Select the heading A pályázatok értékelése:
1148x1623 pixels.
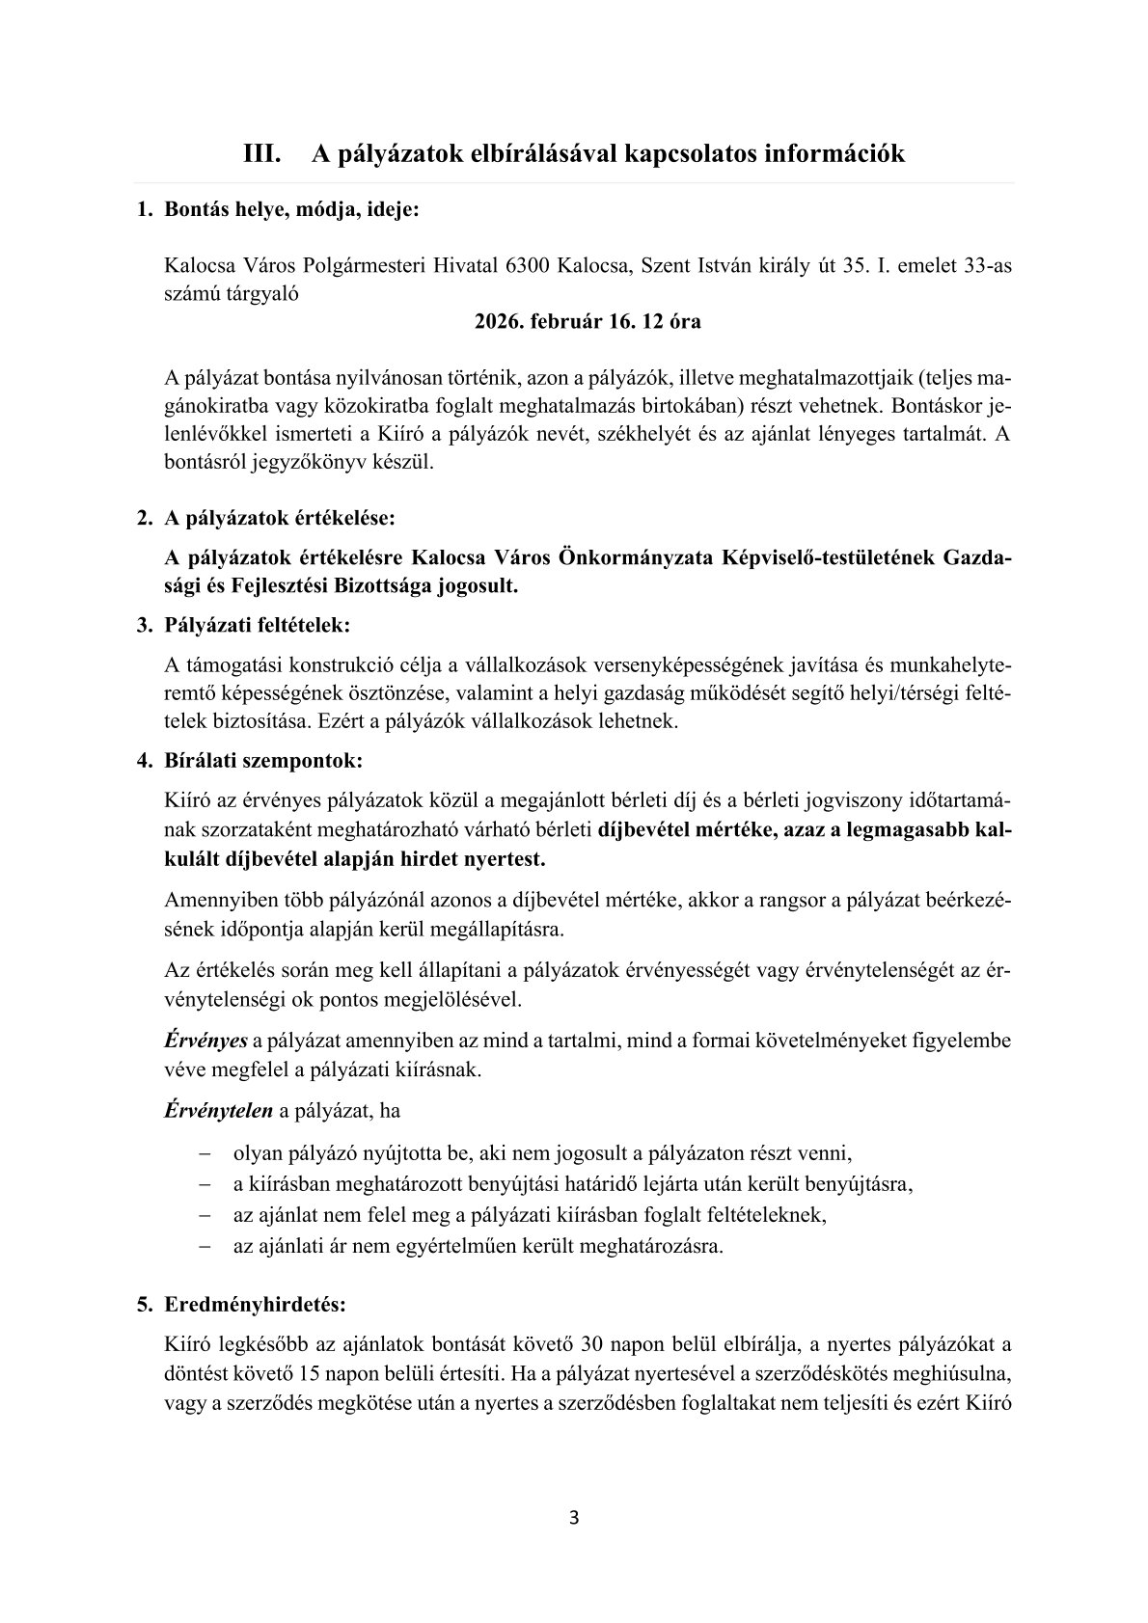pyautogui.click(x=280, y=518)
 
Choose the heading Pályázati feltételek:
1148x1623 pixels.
pyautogui.click(x=258, y=625)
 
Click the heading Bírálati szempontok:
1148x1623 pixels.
pyautogui.click(x=263, y=760)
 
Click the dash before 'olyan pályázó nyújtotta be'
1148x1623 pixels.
pyautogui.click(x=204, y=1153)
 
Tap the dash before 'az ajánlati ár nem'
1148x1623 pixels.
pyautogui.click(x=204, y=1246)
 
